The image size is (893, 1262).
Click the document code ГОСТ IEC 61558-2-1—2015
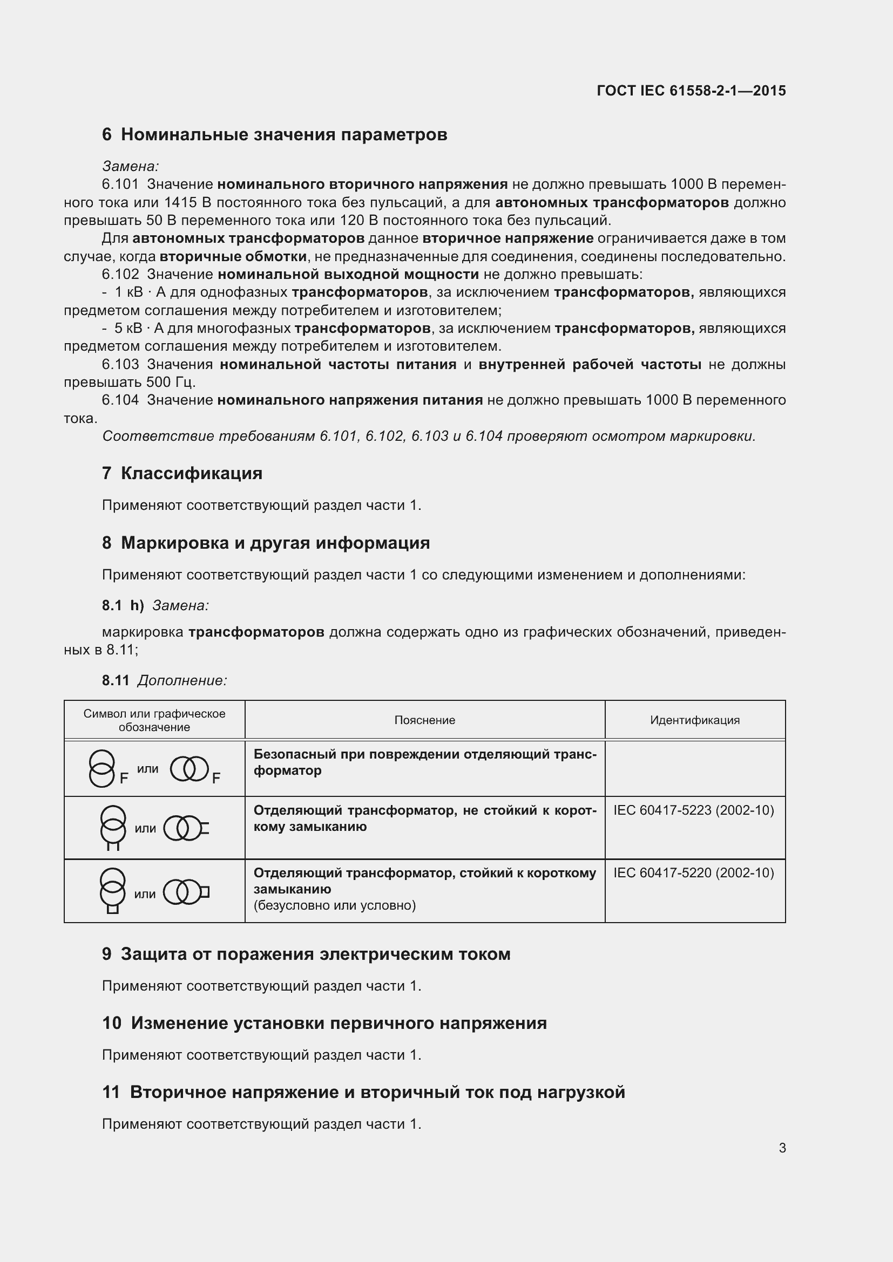click(691, 91)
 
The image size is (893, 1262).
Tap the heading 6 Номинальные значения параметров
click(274, 135)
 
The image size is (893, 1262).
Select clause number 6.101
click(120, 184)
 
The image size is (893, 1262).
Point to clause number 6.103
click(120, 364)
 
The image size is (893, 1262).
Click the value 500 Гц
click(171, 382)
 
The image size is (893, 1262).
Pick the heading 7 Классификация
click(182, 473)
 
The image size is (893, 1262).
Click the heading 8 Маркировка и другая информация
click(266, 543)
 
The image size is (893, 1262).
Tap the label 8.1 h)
click(123, 606)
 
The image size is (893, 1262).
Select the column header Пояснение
click(424, 720)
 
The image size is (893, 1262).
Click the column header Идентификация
click(694, 720)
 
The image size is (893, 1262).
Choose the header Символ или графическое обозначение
click(154, 720)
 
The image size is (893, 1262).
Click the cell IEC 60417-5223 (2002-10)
click(693, 810)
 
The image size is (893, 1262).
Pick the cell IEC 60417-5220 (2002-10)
click(693, 873)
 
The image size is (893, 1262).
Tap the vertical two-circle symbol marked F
click(103, 769)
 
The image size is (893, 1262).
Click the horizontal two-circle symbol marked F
click(190, 769)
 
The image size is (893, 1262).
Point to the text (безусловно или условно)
click(334, 905)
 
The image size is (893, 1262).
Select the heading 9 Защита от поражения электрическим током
click(306, 954)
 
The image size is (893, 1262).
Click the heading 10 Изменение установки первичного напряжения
click(324, 1023)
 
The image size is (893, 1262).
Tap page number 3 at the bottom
click(782, 1148)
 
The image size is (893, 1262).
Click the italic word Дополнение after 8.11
click(182, 680)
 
